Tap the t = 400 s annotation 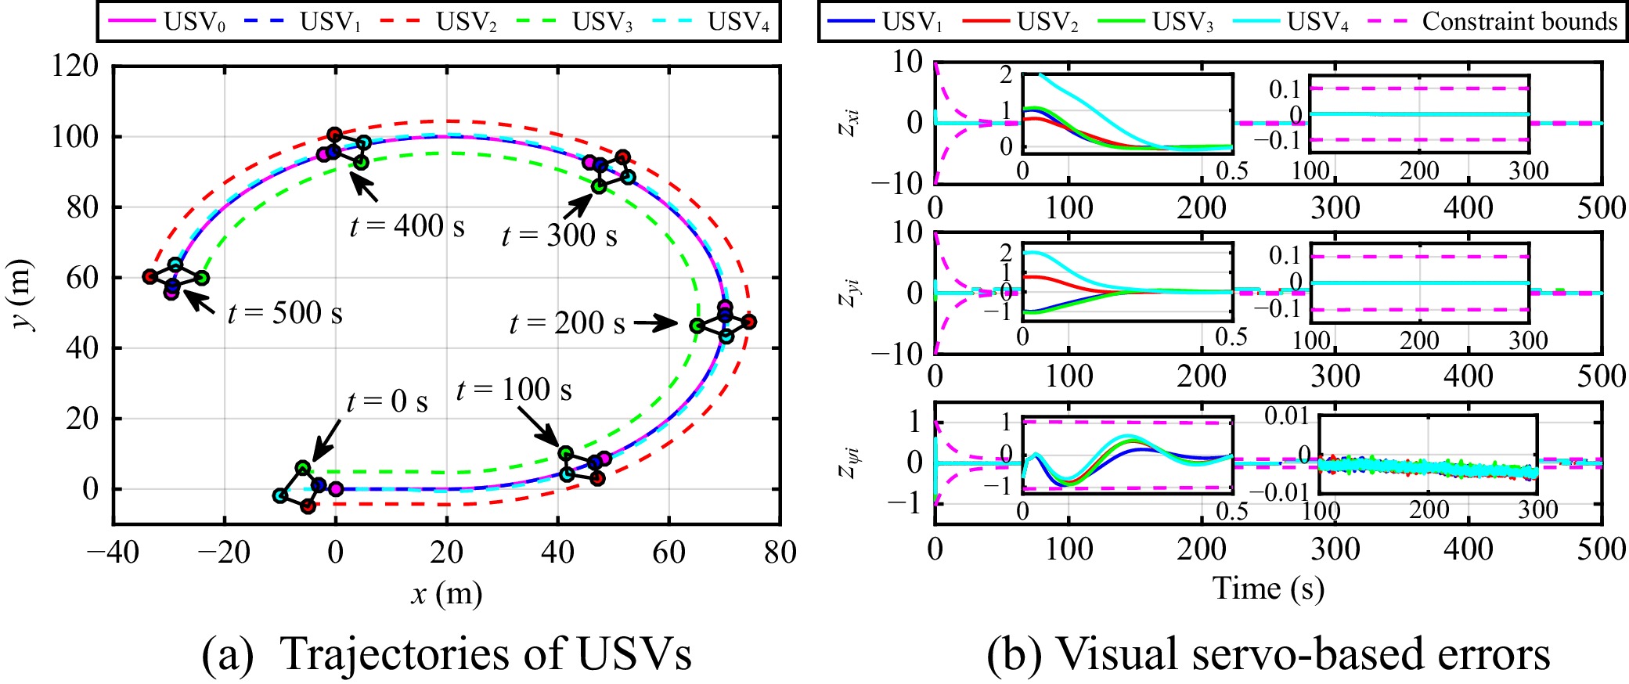click(406, 226)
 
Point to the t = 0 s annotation click(387, 401)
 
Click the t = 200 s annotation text click(567, 322)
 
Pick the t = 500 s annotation click(285, 313)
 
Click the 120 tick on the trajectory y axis click(75, 66)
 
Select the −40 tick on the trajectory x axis click(114, 553)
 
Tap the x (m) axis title click(446, 594)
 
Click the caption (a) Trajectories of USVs click(446, 653)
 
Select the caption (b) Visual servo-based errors click(1268, 653)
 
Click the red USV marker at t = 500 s click(150, 276)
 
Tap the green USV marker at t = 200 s click(697, 326)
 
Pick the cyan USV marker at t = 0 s click(280, 495)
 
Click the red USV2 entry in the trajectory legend click(439, 22)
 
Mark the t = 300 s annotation click(559, 235)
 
